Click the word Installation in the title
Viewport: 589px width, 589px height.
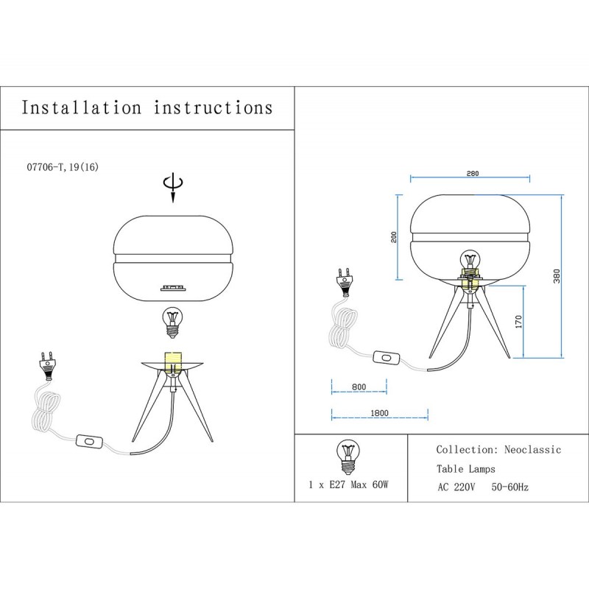[82, 107]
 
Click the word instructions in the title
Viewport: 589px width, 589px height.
[213, 107]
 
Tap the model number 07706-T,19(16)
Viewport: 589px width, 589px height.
[63, 167]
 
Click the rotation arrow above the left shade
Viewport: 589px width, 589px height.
[173, 188]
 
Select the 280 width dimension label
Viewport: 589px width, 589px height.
[473, 174]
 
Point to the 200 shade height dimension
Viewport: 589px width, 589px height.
[394, 237]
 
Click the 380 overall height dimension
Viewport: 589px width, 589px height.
[557, 276]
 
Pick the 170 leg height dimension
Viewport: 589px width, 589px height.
[518, 322]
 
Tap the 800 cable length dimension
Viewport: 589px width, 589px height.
[359, 387]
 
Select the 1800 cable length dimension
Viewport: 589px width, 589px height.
[379, 413]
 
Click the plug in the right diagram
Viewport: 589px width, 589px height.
[345, 282]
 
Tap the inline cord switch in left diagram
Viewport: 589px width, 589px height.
[89, 441]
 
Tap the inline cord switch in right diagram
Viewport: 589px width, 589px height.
[386, 358]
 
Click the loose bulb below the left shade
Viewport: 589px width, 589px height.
[172, 322]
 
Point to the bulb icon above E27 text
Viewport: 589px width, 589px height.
[348, 457]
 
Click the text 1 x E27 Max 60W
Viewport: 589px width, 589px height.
[348, 484]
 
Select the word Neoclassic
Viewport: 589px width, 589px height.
[532, 450]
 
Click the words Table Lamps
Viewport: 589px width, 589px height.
[466, 469]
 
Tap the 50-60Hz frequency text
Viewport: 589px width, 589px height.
[509, 487]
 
